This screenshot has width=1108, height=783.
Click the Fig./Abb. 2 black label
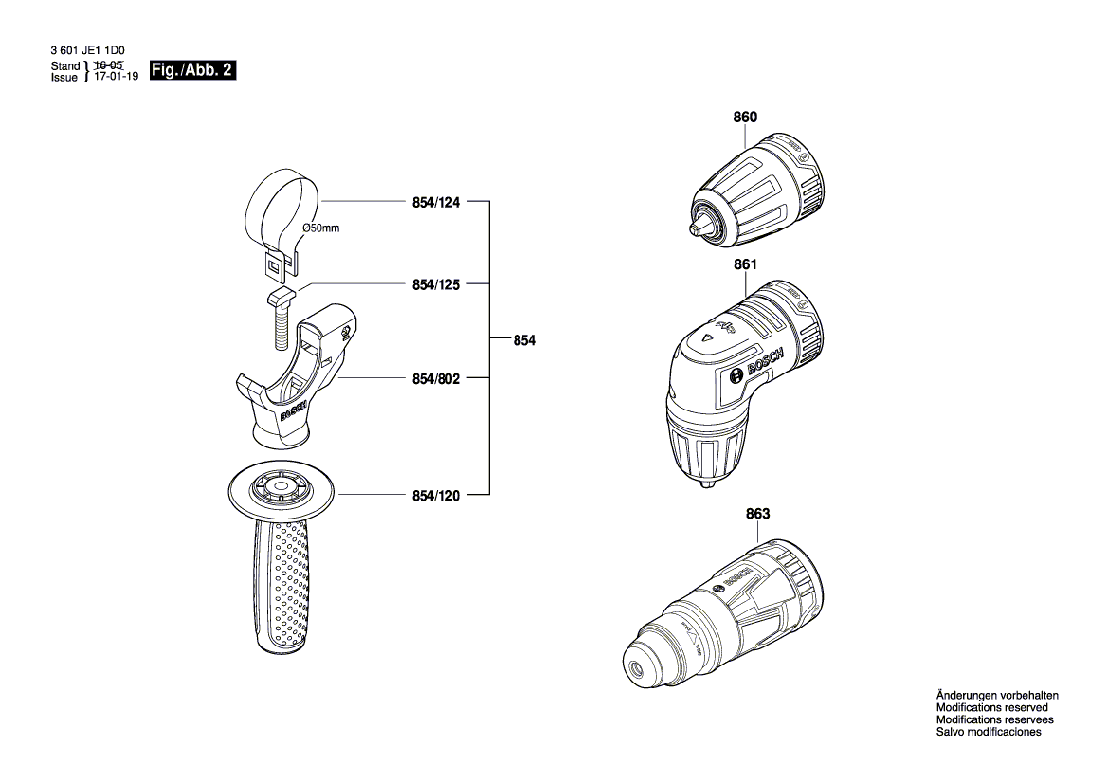click(x=192, y=69)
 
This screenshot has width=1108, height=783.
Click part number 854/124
click(x=435, y=202)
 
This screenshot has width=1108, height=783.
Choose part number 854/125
click(x=435, y=283)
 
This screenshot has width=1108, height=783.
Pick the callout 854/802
click(x=435, y=378)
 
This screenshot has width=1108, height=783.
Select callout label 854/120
click(x=435, y=495)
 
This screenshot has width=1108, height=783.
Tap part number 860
click(x=745, y=118)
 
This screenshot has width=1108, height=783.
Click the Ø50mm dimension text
click(x=320, y=228)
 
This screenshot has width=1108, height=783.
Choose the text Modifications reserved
click(x=991, y=707)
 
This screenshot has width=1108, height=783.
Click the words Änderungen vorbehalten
click(x=997, y=695)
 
